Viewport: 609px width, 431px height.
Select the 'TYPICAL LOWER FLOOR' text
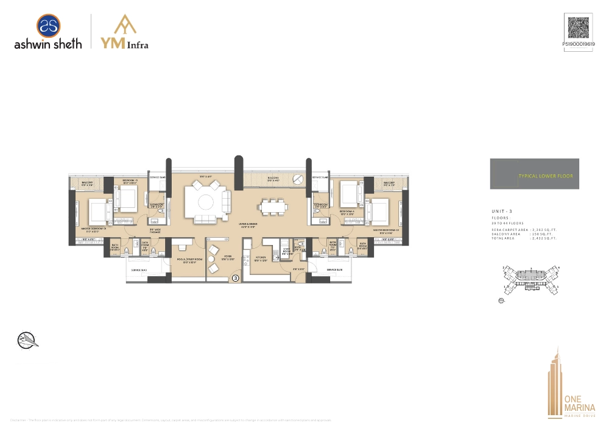[545, 176]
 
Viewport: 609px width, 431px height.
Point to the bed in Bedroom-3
[128, 196]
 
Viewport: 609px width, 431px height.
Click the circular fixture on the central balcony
[297, 179]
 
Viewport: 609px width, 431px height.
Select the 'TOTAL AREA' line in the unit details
[524, 238]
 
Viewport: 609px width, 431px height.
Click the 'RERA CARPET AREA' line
[524, 230]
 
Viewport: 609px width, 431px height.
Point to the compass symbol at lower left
[27, 340]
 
